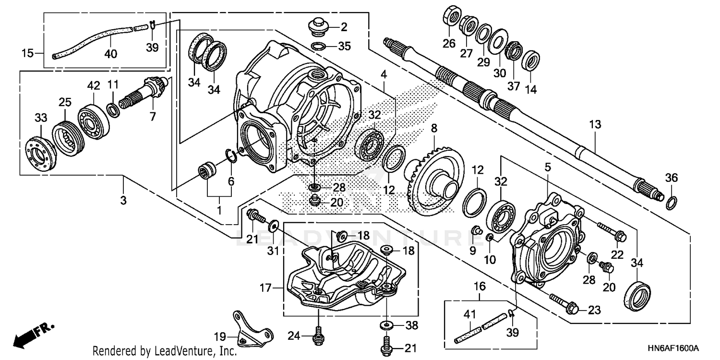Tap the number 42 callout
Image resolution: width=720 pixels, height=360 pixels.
93,85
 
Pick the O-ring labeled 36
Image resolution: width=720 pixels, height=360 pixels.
672,203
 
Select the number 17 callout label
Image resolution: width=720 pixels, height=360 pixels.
264,288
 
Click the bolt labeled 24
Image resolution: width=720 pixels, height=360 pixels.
317,336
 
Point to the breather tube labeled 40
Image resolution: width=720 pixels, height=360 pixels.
91,41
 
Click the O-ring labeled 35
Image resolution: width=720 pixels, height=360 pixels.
317,47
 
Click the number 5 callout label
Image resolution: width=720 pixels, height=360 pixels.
548,168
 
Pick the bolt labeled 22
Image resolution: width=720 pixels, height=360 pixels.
612,231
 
